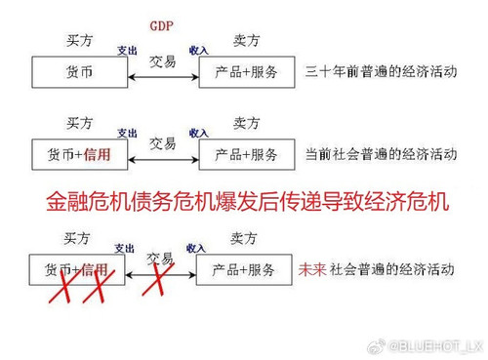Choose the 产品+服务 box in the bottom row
coord(242,269)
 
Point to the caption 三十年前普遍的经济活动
coord(380,72)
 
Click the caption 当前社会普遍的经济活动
coord(380,154)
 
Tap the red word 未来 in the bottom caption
coord(310,269)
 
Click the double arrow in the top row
coord(162,76)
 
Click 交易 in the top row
coord(163,60)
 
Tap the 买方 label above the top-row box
coord(79,41)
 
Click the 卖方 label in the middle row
coord(246,123)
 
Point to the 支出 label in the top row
coord(127,50)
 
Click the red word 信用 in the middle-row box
coord(97,154)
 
